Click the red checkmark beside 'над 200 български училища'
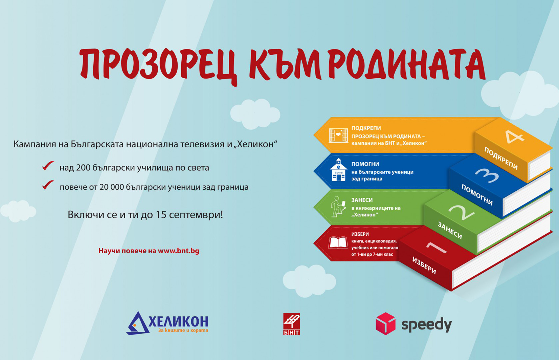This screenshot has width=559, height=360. [x=48, y=166]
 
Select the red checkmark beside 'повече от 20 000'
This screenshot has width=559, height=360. [x=48, y=185]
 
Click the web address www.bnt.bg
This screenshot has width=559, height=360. [x=179, y=251]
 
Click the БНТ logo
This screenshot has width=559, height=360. [x=291, y=324]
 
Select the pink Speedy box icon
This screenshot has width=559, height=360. [x=385, y=323]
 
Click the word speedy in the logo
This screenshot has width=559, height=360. [x=426, y=325]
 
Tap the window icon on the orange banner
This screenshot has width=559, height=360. [x=338, y=136]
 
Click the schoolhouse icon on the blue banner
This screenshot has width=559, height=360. [x=338, y=170]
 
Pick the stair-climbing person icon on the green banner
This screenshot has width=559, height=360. [x=338, y=207]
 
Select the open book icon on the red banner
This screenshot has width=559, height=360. [x=338, y=242]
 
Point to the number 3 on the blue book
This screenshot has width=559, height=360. [x=487, y=175]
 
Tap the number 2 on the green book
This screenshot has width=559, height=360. [x=461, y=213]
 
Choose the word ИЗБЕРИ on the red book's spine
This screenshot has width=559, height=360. [x=424, y=266]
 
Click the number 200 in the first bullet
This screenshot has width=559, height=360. [x=83, y=168]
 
